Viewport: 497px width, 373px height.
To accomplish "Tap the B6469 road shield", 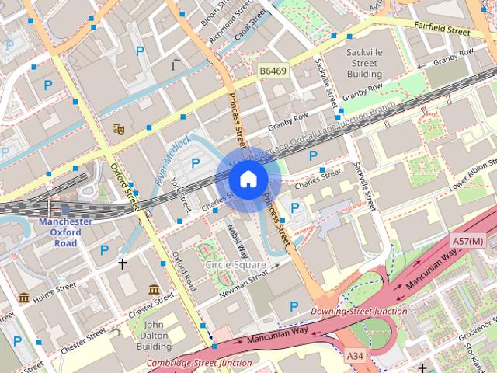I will coord(273,71).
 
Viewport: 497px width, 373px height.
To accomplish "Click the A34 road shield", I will coord(355,356).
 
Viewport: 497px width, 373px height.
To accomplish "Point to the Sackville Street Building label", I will coord(364,63).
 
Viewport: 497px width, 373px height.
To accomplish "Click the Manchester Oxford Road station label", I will coord(65,232).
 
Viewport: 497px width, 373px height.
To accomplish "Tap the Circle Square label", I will coord(235,265).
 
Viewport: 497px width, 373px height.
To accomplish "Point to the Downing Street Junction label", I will coord(359,312).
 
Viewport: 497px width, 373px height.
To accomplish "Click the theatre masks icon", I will coord(118,127).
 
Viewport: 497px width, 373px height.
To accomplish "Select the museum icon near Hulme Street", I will coord(23,298).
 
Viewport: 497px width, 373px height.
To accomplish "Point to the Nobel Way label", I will coord(237,241).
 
